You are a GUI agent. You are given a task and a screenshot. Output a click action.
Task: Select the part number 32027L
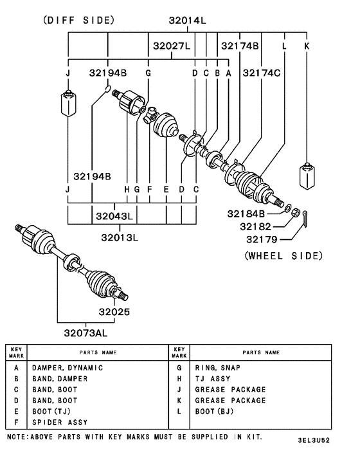[x=171, y=46]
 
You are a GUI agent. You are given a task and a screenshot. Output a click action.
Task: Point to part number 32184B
[x=246, y=213]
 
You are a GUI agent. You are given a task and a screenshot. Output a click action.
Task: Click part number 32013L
[x=120, y=237]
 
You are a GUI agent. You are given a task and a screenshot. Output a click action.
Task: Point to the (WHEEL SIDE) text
[x=283, y=256]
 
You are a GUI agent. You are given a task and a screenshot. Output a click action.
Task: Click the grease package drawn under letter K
[x=306, y=176]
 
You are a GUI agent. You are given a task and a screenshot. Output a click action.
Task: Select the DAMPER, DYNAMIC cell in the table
[x=67, y=368]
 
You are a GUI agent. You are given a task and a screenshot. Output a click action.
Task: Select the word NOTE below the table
[x=17, y=437]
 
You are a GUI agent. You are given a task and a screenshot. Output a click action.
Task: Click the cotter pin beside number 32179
[x=307, y=219]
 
